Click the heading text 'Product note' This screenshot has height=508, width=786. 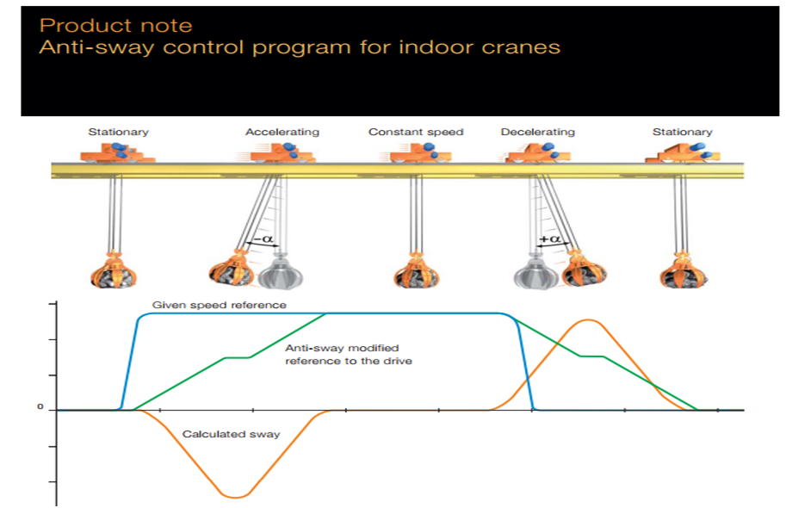coord(116,26)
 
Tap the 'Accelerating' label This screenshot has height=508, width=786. coord(282,132)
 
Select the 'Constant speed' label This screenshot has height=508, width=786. coord(416,132)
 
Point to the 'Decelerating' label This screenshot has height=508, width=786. coord(537,132)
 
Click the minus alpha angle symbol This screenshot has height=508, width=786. coord(264,239)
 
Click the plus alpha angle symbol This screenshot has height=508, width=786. coord(550,239)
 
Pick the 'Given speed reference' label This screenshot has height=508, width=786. coord(219,305)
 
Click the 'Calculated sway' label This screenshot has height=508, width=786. coord(231,434)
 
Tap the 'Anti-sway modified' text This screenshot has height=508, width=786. coord(342,348)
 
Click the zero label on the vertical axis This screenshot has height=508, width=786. coord(40,406)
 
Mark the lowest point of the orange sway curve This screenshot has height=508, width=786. coord(235,497)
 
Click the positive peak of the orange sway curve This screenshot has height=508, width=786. coord(588,320)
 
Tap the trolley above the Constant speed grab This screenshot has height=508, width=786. coord(415,152)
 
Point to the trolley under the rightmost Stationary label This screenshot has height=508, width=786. coord(682,152)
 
